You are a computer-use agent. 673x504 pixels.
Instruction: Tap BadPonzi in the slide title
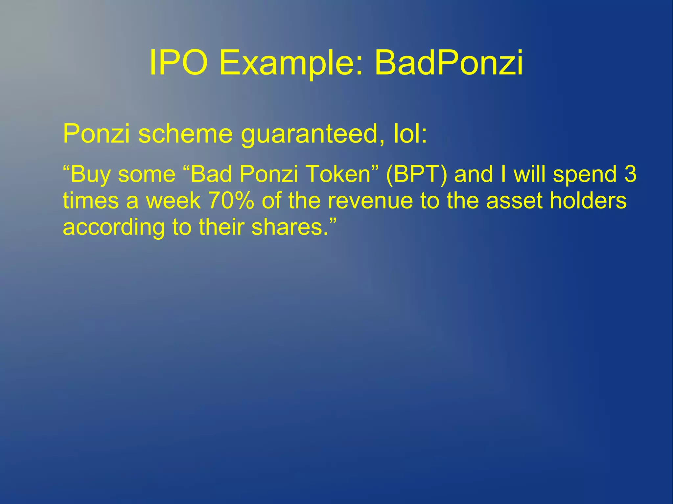pos(449,63)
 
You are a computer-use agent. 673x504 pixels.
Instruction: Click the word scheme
pos(185,134)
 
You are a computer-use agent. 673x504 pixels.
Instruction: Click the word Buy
pos(90,174)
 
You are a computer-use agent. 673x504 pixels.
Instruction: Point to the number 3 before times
pos(630,174)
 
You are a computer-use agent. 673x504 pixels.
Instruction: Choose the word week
pos(173,201)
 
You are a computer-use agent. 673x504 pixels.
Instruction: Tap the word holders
pos(588,201)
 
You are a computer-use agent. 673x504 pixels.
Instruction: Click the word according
pos(114,227)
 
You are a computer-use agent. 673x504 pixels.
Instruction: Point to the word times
pos(91,201)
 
